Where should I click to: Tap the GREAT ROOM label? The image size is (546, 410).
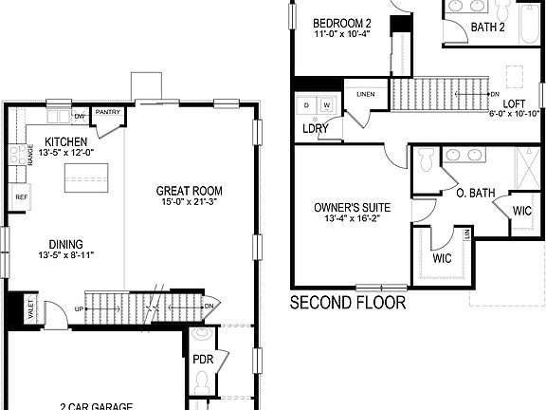pos(190,191)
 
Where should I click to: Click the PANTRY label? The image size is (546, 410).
pos(108,111)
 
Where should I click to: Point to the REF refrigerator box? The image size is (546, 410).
pos(19,196)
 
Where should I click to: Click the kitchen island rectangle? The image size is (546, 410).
pos(85,177)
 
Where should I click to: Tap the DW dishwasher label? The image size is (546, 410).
pos(80,117)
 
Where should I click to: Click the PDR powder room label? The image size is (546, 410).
pos(201,360)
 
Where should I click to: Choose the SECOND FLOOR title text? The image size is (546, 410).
pos(348,304)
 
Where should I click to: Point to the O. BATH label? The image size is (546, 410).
pos(476,194)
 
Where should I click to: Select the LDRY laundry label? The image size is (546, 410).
pos(316,128)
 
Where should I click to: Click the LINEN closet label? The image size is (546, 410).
pos(366,95)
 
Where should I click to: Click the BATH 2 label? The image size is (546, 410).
pos(487,27)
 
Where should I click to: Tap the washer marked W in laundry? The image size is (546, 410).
pos(326,104)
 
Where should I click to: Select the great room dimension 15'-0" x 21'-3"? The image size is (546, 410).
pos(190,202)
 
